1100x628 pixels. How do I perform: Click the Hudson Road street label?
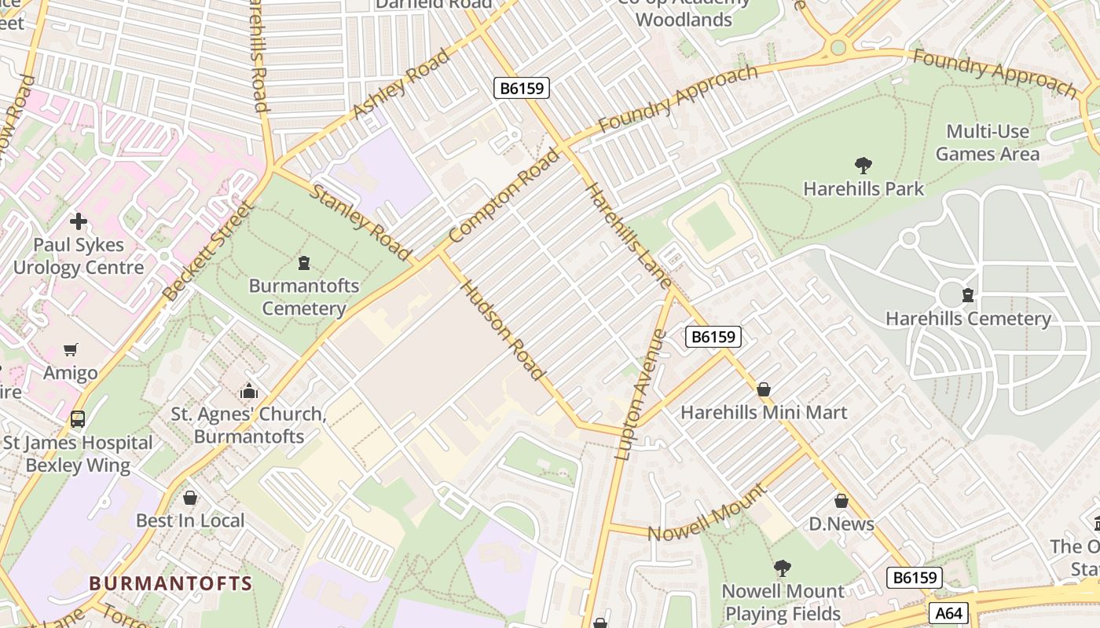pos(503,330)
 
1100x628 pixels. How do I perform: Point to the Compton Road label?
pos(504,197)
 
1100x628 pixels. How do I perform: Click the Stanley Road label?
pos(361,222)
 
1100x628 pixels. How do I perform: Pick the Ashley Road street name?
pos(401,85)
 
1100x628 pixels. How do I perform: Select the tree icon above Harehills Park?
pos(863,166)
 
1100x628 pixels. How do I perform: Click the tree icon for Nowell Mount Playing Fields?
pos(782,568)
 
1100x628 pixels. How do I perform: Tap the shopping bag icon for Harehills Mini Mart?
pos(763,389)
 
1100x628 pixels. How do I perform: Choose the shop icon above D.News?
pos(841,501)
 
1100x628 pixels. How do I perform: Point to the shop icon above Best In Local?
pos(189,498)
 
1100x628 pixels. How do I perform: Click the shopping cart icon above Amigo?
pos(71,350)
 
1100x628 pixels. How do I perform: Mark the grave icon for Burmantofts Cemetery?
pos(304,263)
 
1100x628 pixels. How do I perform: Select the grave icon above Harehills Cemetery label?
pos(967,296)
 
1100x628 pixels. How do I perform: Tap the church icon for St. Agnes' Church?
pos(248,391)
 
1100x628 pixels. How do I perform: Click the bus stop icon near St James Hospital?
pos(77,419)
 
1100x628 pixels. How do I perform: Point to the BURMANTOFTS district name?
pos(170,584)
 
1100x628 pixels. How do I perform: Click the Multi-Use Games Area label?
pos(987,142)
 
